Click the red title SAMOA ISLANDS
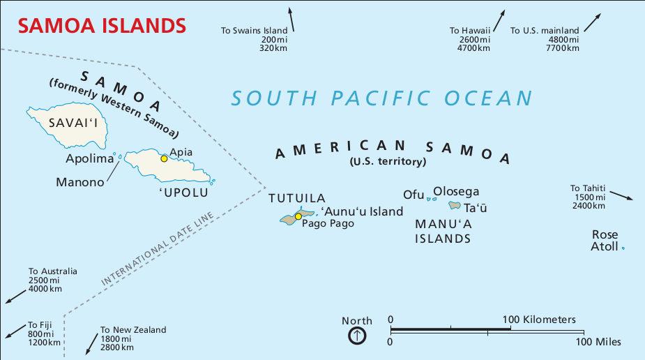102,26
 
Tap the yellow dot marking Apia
164,158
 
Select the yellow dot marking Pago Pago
298,216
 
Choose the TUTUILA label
297,198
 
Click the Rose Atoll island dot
623,248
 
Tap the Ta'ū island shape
455,206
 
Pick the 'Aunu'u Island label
361,211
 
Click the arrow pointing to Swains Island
291,19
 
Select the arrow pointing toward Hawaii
500,19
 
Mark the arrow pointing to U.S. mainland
592,22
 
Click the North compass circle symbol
357,336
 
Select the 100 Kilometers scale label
539,320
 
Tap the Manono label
80,182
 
